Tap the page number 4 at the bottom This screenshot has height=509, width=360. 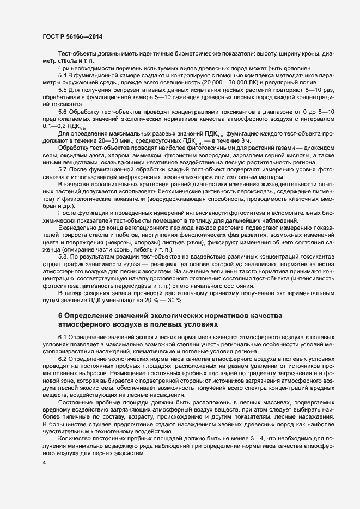point(44,462)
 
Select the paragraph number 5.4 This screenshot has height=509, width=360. point(63,74)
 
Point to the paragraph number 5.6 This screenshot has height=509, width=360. point(63,111)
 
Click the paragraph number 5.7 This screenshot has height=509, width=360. point(63,169)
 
